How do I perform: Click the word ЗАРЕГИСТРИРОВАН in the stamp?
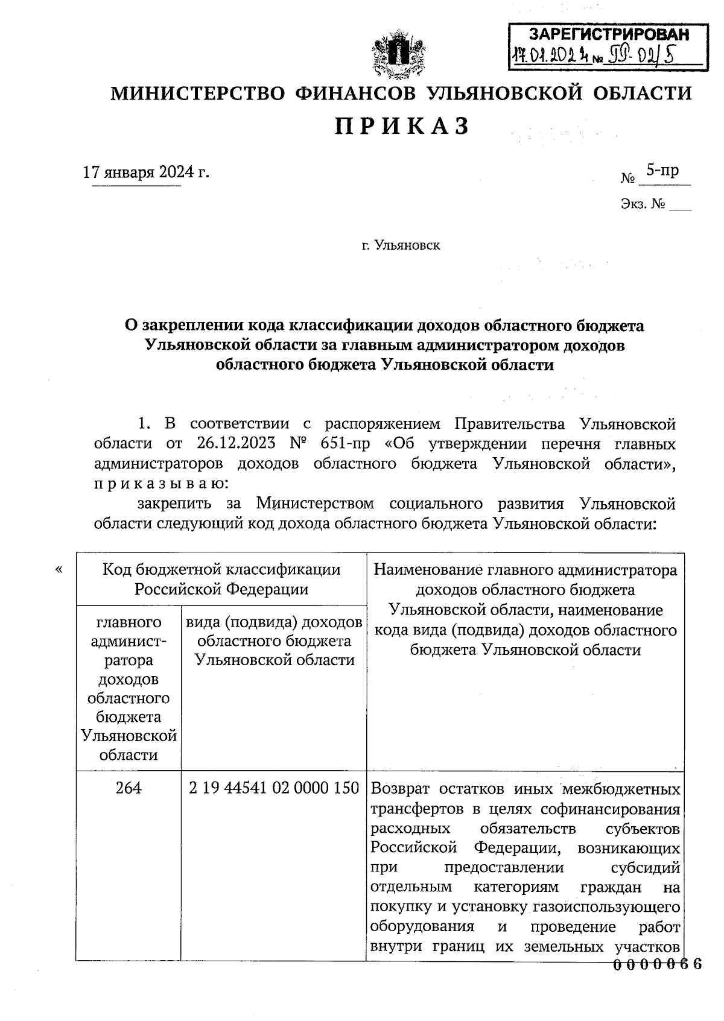point(608,34)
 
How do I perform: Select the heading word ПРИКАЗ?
point(402,127)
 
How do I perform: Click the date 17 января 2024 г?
point(146,172)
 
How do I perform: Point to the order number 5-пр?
point(662,170)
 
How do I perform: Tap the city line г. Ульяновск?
point(401,245)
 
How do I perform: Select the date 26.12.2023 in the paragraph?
point(236,443)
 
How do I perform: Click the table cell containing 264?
point(128,788)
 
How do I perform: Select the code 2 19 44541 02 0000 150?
point(274,788)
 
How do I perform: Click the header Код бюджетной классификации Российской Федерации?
point(221,579)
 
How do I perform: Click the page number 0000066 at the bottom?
point(657,964)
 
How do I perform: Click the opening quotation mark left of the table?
point(59,569)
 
